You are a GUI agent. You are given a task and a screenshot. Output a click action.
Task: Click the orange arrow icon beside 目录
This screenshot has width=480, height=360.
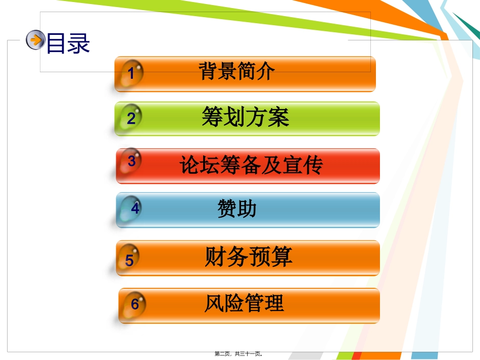pos(35,40)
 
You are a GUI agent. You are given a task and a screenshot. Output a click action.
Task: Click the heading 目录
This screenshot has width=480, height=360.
pos(68,43)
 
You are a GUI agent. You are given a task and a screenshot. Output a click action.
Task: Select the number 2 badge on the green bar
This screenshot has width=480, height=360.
pos(131,118)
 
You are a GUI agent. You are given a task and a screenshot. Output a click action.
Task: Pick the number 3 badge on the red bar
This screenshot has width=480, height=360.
pos(131,161)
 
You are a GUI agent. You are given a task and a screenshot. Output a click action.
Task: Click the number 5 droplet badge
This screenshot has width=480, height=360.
pos(129,260)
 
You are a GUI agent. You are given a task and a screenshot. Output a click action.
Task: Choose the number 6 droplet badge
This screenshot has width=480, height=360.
pos(134,304)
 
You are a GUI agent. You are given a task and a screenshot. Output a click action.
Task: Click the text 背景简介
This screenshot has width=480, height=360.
pos(236,71)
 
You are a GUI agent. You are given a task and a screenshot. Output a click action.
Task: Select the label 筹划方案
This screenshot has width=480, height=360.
pos(246,117)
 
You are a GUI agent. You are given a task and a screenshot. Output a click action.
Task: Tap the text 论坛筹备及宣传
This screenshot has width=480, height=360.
pos(251,165)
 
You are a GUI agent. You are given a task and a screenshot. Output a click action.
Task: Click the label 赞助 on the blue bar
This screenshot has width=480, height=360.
pos(237,209)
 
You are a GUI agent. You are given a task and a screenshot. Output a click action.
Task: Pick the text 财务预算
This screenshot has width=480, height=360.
pos(249,256)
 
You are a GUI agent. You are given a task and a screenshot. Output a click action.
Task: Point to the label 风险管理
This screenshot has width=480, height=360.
pos(244,303)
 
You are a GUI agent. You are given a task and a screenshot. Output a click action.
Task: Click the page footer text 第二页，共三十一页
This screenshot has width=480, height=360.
pos(238,354)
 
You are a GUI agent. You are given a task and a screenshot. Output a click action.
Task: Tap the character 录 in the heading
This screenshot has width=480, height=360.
pos(79,43)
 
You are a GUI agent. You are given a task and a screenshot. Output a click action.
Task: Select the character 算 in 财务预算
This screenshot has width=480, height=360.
pos(281,256)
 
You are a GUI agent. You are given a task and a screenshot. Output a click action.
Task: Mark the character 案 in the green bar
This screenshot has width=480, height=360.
pos(278,117)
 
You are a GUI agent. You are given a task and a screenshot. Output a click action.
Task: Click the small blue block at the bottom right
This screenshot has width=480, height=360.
pos(424,356)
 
